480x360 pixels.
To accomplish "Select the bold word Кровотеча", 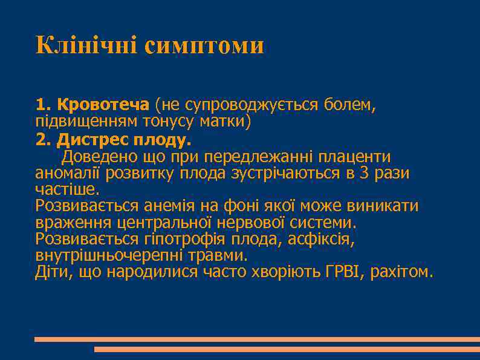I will coord(103,105).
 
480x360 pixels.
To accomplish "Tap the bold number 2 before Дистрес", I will coord(41,140).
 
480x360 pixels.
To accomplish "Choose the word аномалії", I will coord(68,174).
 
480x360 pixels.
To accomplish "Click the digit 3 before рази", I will coord(364,174).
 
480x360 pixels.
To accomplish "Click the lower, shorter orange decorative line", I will coord(287,349).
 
